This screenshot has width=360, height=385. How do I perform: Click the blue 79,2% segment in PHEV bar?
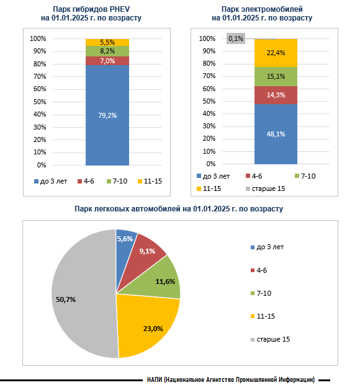[x=107, y=115]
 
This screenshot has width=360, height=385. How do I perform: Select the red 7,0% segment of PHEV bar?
[x=107, y=61]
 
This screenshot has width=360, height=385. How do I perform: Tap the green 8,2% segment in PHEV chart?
[x=107, y=51]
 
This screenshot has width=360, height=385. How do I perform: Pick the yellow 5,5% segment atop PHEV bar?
[x=107, y=43]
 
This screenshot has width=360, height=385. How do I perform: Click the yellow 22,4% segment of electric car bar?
[x=276, y=53]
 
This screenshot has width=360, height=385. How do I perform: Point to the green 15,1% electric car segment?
[x=276, y=77]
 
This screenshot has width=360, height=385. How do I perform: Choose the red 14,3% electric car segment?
[x=276, y=95]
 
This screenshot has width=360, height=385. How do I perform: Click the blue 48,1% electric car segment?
[x=276, y=134]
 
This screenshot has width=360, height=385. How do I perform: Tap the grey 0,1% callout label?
[x=236, y=38]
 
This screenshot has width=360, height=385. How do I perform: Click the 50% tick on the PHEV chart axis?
[x=40, y=102]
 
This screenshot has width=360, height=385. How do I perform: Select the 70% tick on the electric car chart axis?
[x=209, y=76]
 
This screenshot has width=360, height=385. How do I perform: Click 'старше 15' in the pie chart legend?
[x=273, y=339]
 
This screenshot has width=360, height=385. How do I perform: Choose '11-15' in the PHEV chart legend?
[x=153, y=181]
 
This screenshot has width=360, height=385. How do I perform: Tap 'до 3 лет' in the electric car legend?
[x=216, y=176]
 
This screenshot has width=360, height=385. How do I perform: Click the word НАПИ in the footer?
[x=155, y=379]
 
